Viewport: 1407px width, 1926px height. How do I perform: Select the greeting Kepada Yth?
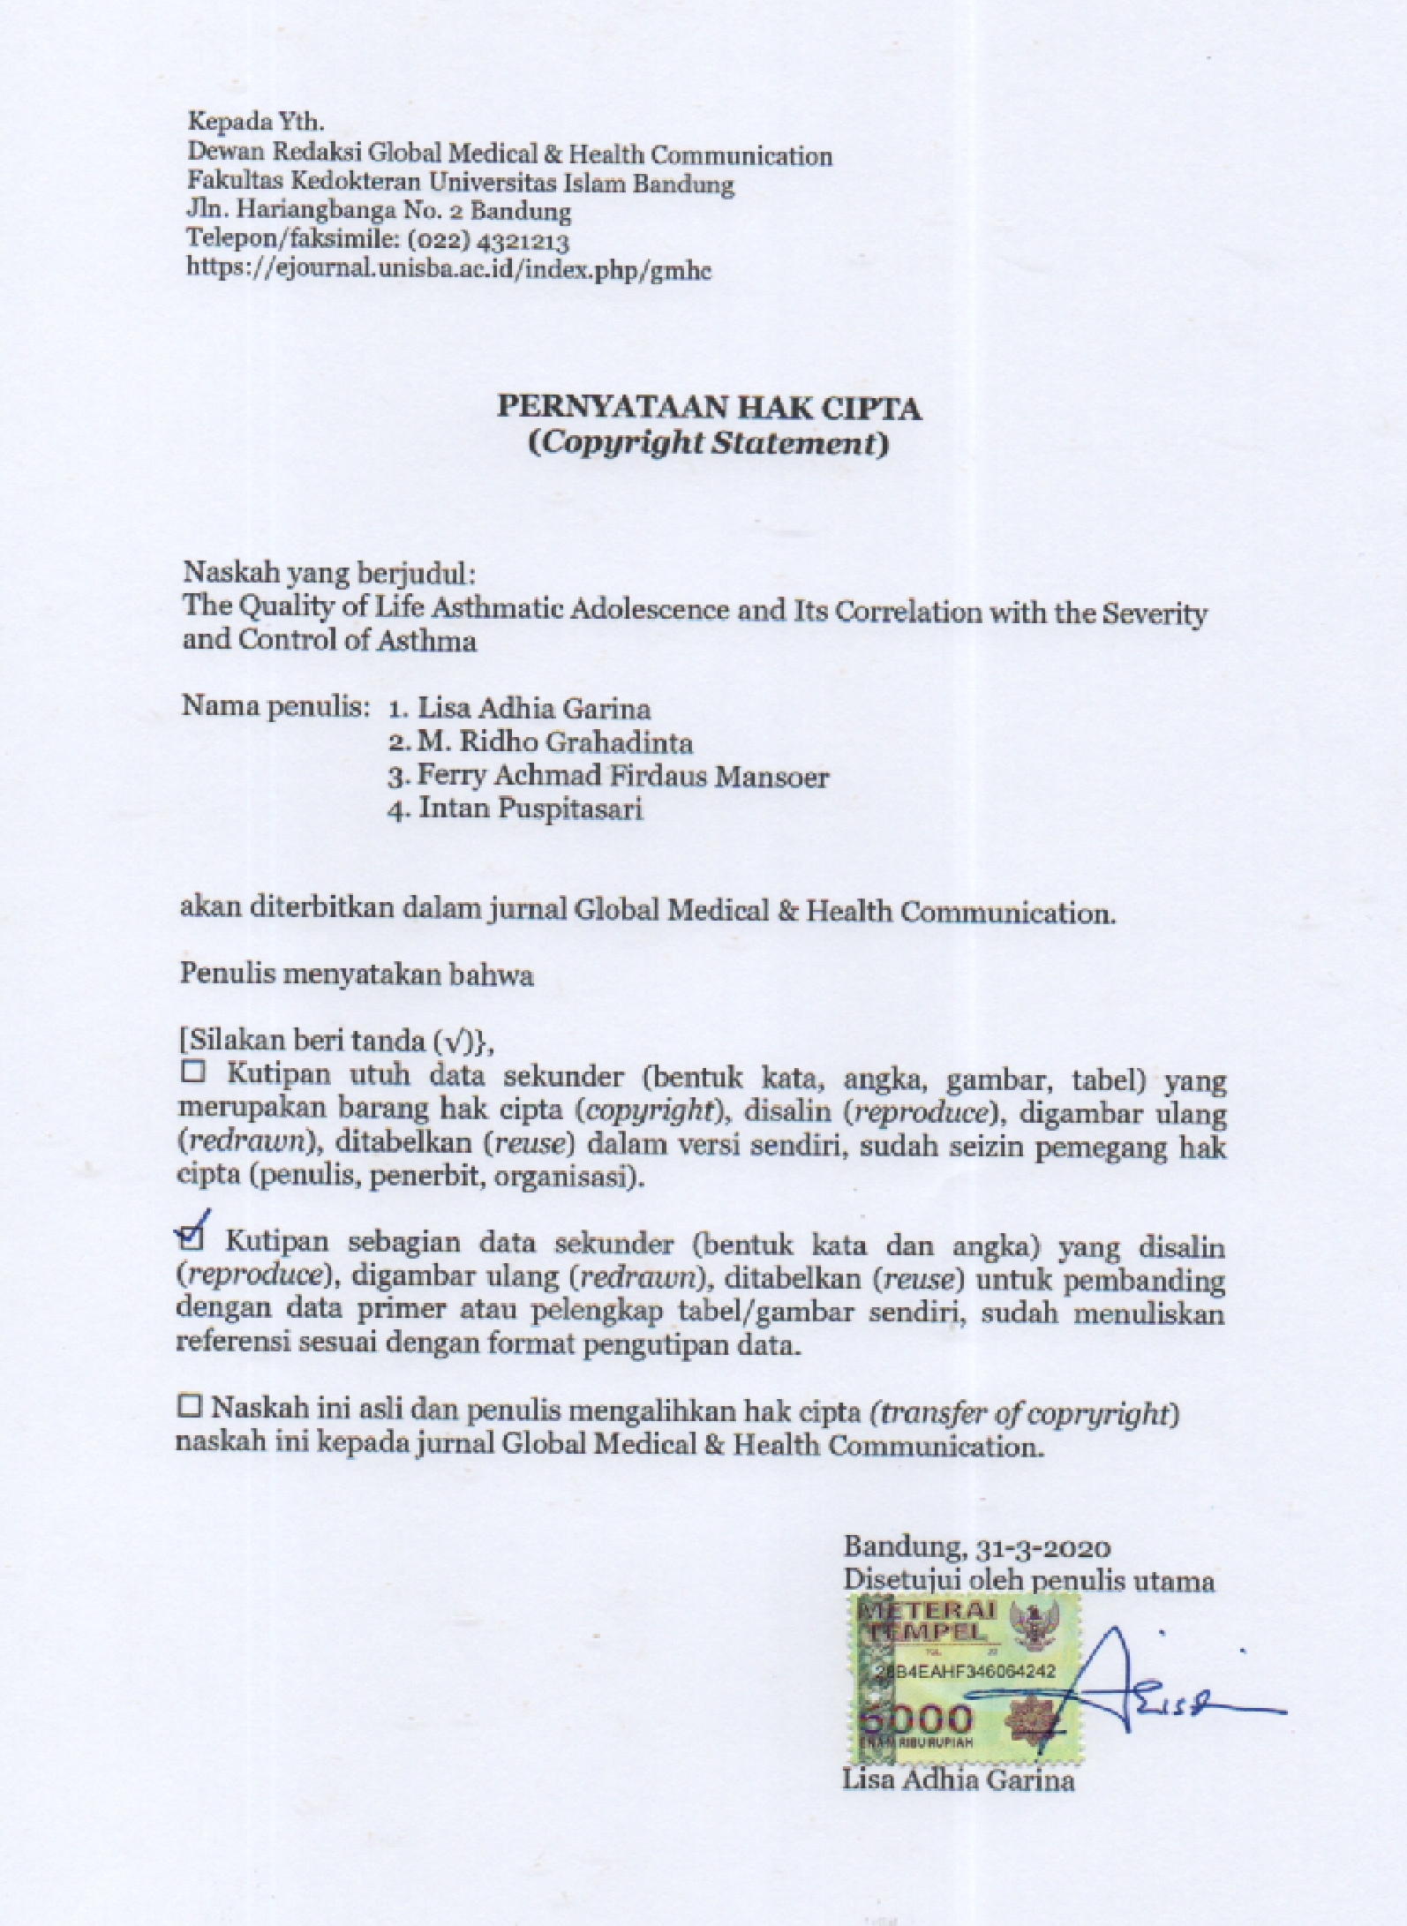tap(256, 122)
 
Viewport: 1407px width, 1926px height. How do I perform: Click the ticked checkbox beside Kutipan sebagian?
tap(191, 1238)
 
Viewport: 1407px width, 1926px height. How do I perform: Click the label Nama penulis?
tap(275, 706)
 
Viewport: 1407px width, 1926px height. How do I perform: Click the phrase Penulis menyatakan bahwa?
tap(357, 974)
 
